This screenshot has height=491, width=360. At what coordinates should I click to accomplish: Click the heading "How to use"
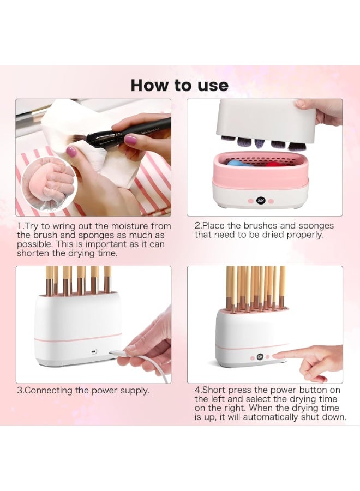(x=179, y=86)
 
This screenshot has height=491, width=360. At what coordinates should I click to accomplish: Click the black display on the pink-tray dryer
(x=260, y=200)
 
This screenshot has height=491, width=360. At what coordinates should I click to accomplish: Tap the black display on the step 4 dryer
(x=260, y=357)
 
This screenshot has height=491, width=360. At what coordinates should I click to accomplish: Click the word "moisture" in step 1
(x=130, y=226)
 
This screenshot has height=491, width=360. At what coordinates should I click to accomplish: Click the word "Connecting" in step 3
(x=48, y=391)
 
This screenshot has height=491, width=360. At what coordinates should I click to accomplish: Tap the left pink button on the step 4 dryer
(x=251, y=357)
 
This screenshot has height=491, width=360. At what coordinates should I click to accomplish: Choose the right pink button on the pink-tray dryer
(x=271, y=201)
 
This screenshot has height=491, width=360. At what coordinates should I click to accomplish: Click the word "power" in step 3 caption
(x=105, y=391)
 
